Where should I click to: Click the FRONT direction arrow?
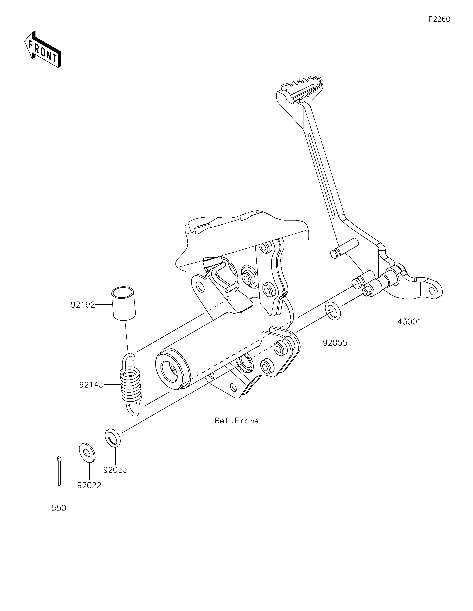[43, 49]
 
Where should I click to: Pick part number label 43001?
[409, 321]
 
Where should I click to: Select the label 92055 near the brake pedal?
[335, 343]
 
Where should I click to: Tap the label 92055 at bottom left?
[115, 470]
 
